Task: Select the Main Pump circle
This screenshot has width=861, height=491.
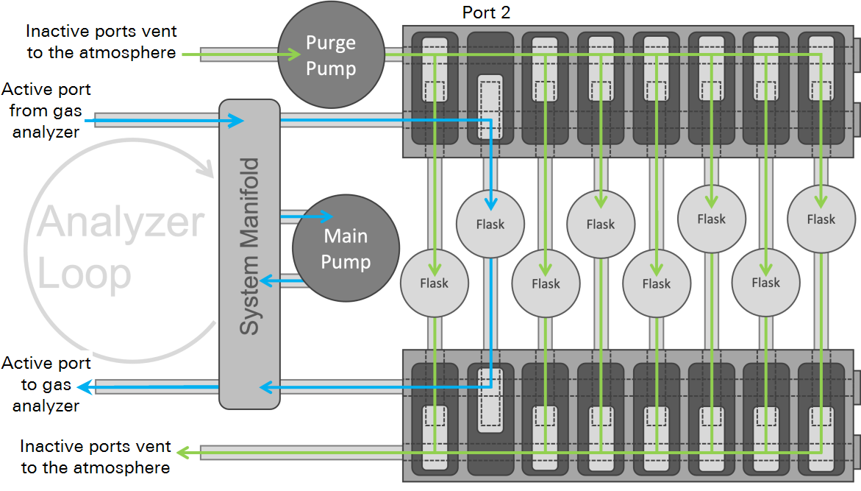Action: (x=346, y=249)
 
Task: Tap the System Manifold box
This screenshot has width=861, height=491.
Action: (x=249, y=254)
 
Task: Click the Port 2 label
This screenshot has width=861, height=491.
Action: (x=486, y=13)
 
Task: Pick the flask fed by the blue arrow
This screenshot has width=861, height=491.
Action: (x=490, y=224)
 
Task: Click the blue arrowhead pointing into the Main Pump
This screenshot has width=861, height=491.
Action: (x=326, y=216)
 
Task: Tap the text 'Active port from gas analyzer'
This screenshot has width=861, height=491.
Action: (x=46, y=110)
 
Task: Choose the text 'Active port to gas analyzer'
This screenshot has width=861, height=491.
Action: (x=46, y=384)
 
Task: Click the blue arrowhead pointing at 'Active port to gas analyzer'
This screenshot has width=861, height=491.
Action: (x=85, y=387)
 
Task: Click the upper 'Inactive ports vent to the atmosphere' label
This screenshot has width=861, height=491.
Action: (x=101, y=42)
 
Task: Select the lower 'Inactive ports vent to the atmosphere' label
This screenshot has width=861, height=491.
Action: (x=96, y=456)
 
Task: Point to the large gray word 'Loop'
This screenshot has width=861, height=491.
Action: (x=84, y=274)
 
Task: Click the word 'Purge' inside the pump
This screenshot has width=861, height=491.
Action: (x=331, y=43)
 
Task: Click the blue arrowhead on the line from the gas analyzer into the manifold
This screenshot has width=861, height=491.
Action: (x=237, y=121)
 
